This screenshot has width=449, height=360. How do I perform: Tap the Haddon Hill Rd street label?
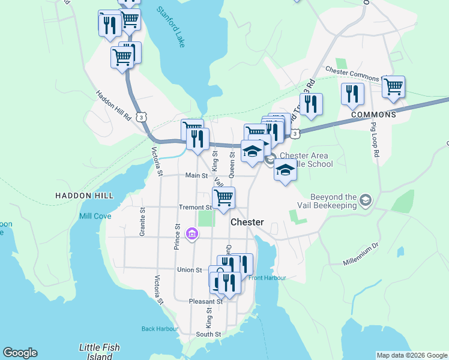tap(113, 106)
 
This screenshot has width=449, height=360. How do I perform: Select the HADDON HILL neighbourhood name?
tap(84, 196)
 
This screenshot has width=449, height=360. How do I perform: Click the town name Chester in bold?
tap(247, 222)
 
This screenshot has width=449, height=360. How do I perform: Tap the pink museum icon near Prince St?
tap(191, 233)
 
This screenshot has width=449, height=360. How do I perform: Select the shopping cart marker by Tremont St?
tap(223, 197)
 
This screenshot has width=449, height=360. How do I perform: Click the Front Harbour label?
tap(267, 277)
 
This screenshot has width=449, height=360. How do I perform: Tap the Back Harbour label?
tap(160, 328)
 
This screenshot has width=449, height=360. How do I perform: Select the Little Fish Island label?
tap(100, 352)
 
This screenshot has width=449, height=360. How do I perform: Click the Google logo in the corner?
tap(20, 353)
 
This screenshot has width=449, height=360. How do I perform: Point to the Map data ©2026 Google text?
tap(411, 355)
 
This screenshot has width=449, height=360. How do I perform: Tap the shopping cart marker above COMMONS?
tap(393, 87)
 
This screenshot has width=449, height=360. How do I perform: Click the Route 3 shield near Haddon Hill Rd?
tap(140, 118)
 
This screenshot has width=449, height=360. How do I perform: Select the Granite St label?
tap(142, 222)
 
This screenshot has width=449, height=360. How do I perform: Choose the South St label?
tap(209, 334)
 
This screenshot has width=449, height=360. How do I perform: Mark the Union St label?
tap(189, 269)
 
